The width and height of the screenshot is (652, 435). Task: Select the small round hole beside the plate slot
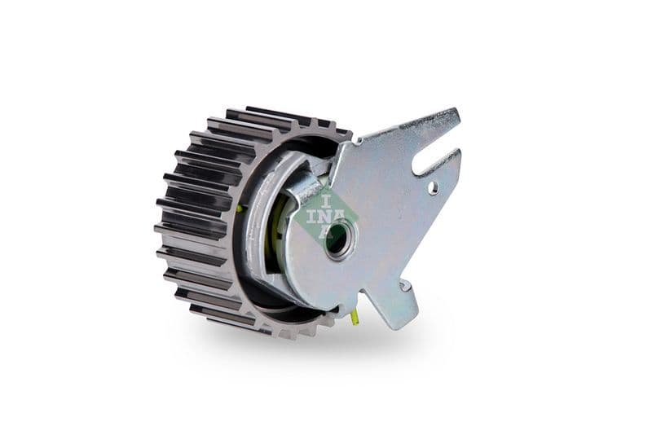pyautogui.click(x=433, y=188)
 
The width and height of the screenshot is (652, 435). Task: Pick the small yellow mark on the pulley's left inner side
pyautogui.click(x=239, y=209)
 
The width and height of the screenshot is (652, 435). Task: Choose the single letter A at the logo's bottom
pyautogui.click(x=324, y=231)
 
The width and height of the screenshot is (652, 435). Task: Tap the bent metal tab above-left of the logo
pyautogui.click(x=306, y=188)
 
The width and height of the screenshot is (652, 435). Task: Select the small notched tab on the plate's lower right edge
pyautogui.click(x=403, y=284)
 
